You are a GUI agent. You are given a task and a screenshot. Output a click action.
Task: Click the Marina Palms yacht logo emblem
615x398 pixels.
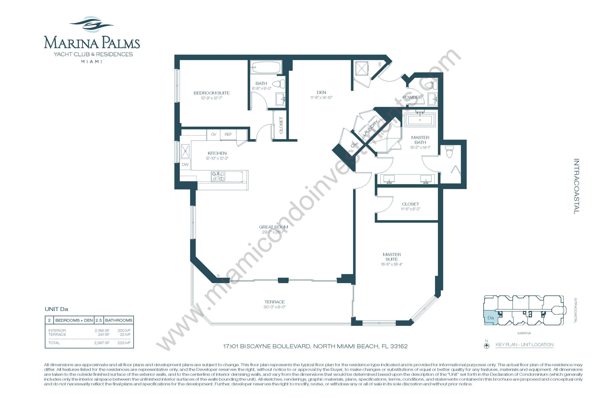92,25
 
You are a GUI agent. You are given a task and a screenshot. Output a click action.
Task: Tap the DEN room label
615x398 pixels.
321,92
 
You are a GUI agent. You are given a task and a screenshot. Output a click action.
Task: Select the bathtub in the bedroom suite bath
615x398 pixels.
266,67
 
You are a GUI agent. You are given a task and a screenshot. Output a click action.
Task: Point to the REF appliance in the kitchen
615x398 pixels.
228,134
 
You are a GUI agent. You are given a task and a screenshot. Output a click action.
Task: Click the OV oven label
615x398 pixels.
214,134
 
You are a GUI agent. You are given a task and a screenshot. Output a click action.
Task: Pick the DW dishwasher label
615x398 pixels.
185,164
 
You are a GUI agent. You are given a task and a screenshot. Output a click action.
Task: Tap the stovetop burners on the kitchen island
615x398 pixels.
218,176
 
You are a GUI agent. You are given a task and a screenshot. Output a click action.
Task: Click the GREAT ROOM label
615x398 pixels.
274,227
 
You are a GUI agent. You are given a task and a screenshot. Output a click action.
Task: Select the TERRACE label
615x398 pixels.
275,302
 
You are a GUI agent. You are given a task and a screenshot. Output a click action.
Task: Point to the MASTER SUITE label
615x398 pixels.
392,257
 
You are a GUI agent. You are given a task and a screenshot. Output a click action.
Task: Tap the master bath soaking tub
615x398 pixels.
420,120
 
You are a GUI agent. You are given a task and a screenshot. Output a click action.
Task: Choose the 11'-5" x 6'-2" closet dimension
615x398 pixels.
410,209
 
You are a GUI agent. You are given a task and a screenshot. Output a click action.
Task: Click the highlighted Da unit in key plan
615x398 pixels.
490,318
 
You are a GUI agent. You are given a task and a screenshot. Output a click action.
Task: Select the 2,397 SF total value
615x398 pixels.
102,343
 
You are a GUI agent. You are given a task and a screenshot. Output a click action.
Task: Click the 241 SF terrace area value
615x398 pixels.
104,334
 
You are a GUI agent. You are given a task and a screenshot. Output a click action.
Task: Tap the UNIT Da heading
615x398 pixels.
56,309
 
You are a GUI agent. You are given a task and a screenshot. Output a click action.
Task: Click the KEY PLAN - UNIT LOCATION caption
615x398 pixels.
524,344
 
